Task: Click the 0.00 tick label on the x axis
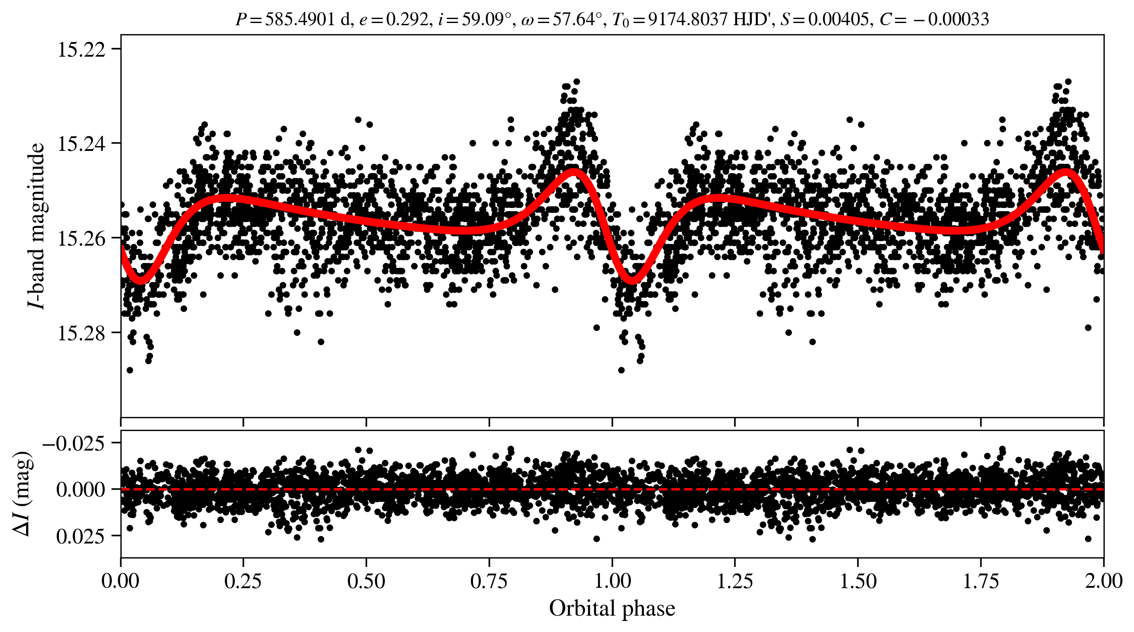[x=120, y=581]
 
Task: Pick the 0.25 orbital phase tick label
[x=243, y=581]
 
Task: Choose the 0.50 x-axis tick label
[x=366, y=581]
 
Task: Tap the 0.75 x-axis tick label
[x=489, y=581]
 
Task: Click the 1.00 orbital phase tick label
[x=612, y=581]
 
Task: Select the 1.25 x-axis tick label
[x=734, y=581]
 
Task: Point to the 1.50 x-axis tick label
[x=857, y=581]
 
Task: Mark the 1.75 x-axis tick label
[x=980, y=581]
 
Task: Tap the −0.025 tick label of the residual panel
[x=74, y=443]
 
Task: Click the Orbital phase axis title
[x=612, y=609]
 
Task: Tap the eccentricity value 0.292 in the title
[x=407, y=19]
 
